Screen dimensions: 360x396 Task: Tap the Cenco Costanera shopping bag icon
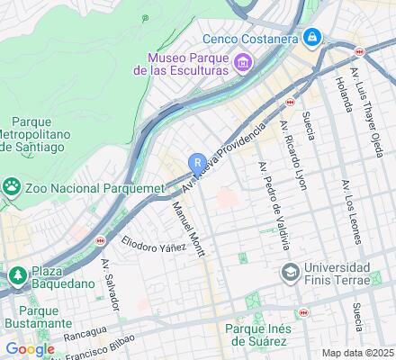[x=311, y=38]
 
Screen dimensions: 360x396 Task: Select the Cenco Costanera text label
[x=250, y=39]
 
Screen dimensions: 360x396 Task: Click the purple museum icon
[x=241, y=62]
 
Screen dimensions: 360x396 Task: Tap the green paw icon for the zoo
[x=12, y=187]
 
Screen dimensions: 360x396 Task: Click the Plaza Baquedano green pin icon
[x=16, y=274]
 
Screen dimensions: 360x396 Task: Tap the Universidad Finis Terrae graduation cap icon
[x=291, y=272]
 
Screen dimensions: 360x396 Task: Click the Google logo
[x=30, y=349]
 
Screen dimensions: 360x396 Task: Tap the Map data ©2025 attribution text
[x=357, y=353]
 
